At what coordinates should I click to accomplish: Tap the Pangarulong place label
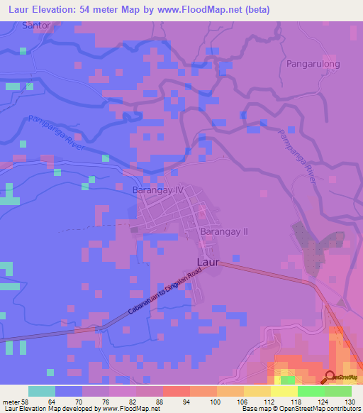pyautogui.click(x=313, y=64)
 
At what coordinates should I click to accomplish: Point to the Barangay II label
pyautogui.click(x=223, y=231)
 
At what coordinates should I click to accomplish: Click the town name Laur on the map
pyautogui.click(x=207, y=262)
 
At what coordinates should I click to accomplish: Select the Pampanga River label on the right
pyautogui.click(x=297, y=157)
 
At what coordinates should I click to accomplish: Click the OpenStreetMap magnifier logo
pyautogui.click(x=330, y=378)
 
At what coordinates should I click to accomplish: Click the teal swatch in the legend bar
pyautogui.click(x=41, y=391)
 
